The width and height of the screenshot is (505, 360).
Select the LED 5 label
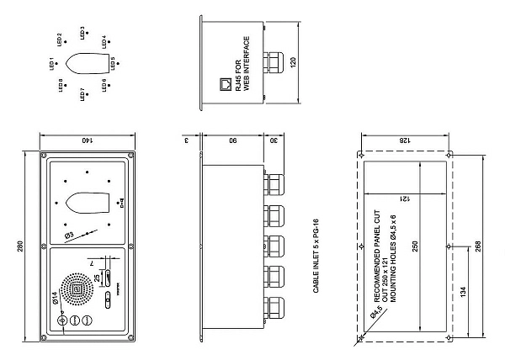click(x=113, y=63)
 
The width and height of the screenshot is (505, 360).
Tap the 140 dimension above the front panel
click(x=84, y=139)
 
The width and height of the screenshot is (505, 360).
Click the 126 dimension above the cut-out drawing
click(x=406, y=140)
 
